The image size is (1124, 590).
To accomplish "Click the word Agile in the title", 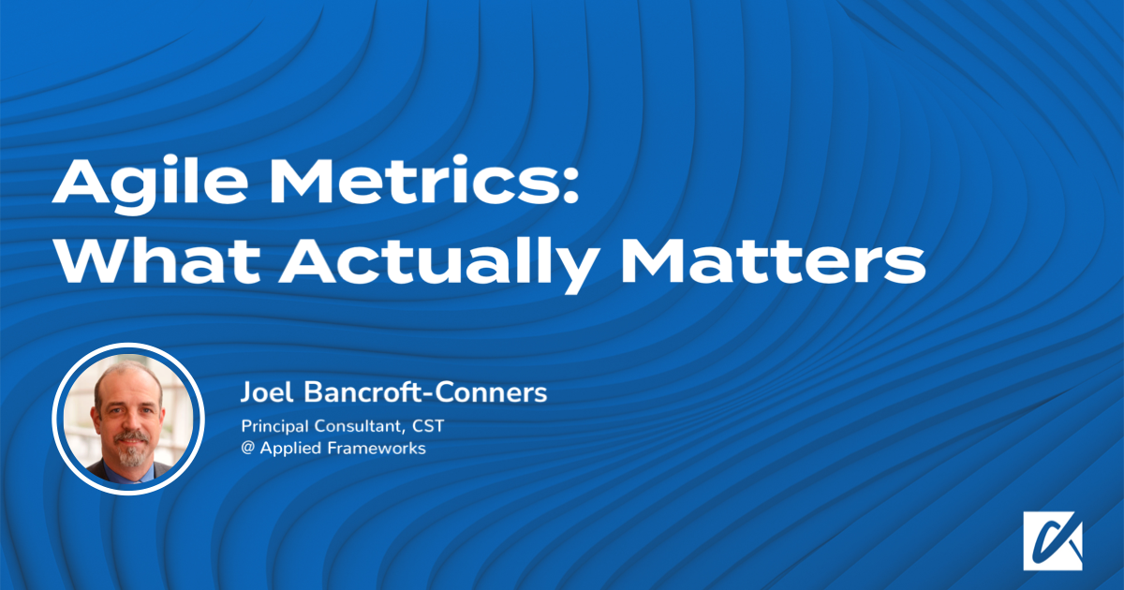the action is click(150, 184).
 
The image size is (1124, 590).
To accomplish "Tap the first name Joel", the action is click(266, 391).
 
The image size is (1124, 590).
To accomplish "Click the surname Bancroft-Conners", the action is click(425, 391).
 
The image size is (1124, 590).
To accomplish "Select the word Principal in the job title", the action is click(275, 426).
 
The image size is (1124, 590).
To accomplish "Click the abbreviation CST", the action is click(428, 426).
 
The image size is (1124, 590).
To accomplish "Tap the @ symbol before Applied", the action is click(247, 448).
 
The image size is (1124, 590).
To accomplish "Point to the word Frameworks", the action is click(377, 448).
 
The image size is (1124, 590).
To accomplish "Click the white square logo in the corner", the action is click(1053, 540).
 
